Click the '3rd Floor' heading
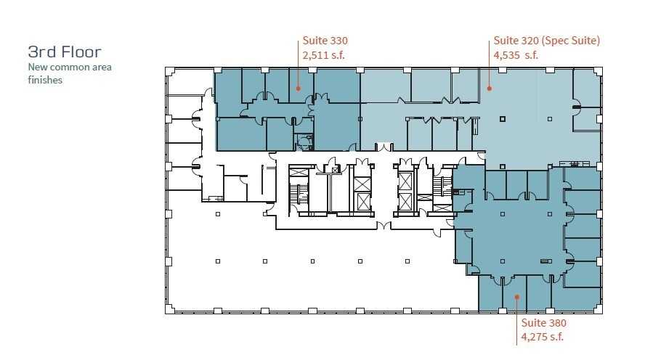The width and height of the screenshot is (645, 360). [64, 52]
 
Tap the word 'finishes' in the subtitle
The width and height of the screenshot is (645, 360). [45, 80]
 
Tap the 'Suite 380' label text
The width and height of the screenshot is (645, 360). [543, 323]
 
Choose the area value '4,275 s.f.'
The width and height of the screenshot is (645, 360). [543, 336]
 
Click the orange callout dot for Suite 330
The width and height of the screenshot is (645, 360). [298, 89]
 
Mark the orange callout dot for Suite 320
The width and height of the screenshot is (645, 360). [490, 89]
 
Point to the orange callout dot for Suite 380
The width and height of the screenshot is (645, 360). [516, 297]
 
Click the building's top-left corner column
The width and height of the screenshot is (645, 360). [169, 70]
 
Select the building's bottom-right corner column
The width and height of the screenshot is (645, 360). [598, 309]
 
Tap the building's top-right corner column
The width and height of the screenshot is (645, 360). [598, 70]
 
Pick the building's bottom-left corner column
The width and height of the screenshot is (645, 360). [169, 309]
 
